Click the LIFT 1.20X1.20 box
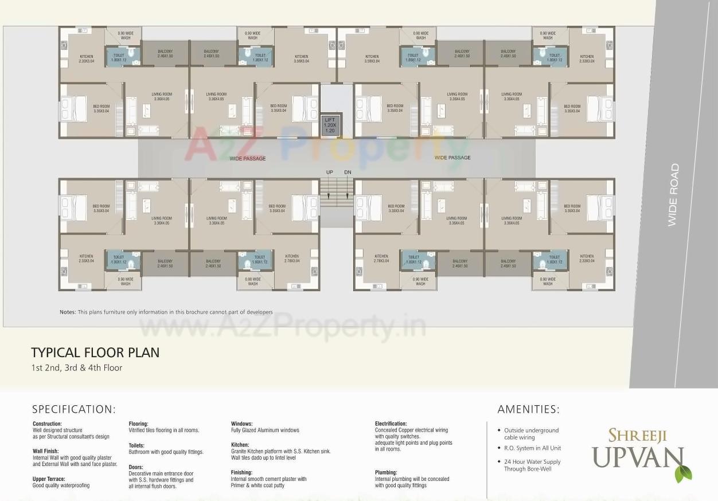tap(329, 124)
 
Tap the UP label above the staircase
tap(329, 172)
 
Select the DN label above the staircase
tap(348, 172)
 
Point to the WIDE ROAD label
tap(673, 195)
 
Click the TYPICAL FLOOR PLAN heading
tap(95, 353)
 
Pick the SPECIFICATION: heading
tap(74, 409)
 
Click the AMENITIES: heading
tap(528, 409)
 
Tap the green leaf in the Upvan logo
tap(683, 473)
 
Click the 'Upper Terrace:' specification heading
tap(49, 479)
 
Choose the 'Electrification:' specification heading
tap(391, 424)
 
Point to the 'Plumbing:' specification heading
tap(386, 472)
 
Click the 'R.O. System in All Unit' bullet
tap(532, 448)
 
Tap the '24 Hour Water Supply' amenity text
tap(532, 461)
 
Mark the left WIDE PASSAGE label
tap(247, 159)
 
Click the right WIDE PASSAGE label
tap(452, 158)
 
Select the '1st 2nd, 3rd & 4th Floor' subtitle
tap(77, 368)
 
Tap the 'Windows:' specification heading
tap(241, 424)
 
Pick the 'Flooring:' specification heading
tap(139, 424)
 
